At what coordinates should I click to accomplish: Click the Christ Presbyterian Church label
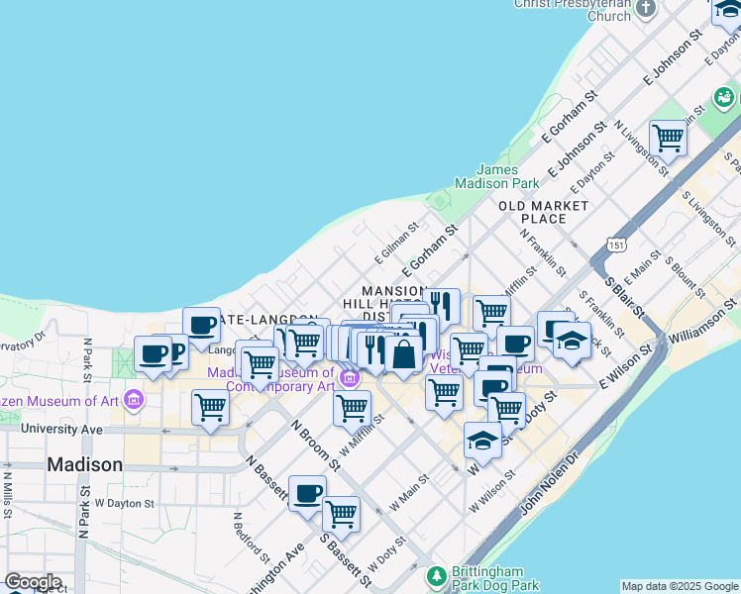(572, 9)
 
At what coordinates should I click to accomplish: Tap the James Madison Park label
(496, 176)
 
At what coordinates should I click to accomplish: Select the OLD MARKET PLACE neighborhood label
(543, 212)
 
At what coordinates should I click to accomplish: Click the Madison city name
(85, 464)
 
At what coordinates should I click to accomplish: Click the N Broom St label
(316, 445)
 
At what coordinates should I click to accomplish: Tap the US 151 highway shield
(617, 244)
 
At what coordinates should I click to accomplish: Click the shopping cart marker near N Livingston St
(669, 138)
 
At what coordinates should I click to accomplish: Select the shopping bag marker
(403, 352)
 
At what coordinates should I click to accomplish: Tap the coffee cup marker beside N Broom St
(307, 493)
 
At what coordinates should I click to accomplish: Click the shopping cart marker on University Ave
(210, 407)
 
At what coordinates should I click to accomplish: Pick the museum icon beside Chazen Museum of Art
(134, 401)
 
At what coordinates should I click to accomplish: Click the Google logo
(33, 582)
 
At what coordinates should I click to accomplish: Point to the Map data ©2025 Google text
(680, 586)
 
